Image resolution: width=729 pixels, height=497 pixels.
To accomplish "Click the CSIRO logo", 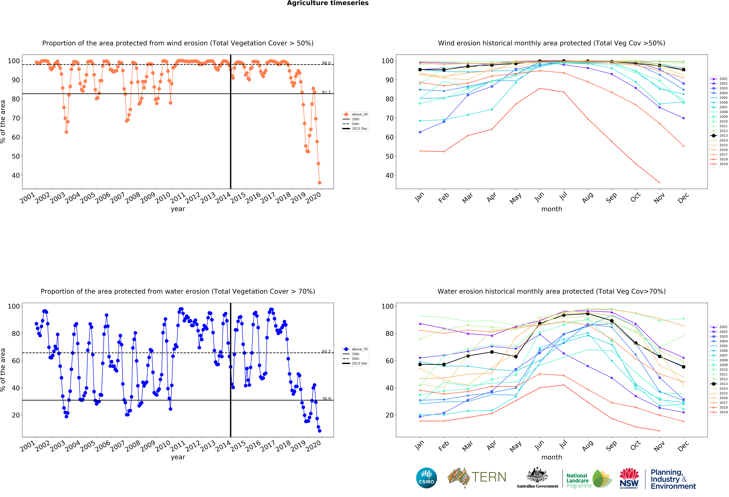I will click(426, 478).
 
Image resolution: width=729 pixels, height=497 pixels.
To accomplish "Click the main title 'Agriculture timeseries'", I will click(328, 3).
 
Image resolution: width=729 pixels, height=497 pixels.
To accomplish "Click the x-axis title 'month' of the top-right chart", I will click(551, 209).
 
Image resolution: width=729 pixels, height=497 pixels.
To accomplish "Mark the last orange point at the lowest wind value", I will click(319, 183).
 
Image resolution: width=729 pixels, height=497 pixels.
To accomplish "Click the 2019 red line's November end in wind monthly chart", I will click(659, 183).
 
